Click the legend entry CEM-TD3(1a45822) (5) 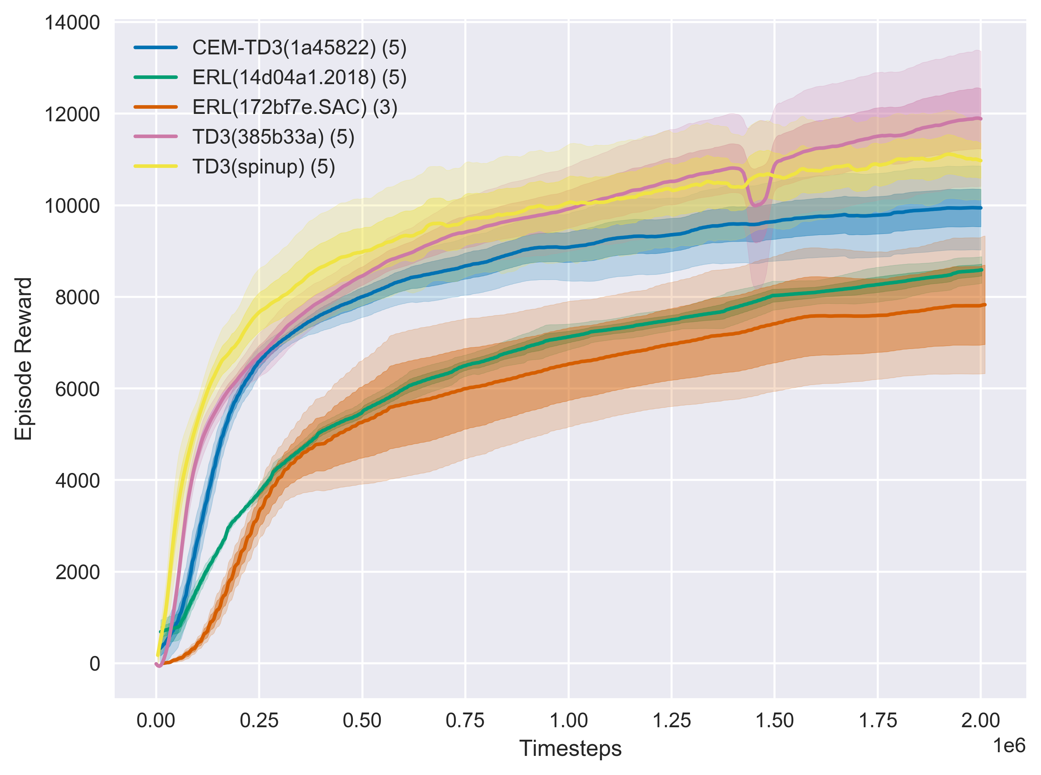click(299, 47)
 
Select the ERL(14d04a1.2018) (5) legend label click(299, 78)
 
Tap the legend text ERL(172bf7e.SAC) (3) click(294, 107)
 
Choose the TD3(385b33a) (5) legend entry click(273, 137)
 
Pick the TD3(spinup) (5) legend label click(263, 167)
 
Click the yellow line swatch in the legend click(156, 166)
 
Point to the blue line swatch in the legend click(156, 47)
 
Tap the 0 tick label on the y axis click(95, 664)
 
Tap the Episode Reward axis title click(24, 359)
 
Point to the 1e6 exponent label click(1009, 746)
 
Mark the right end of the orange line click(985, 305)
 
